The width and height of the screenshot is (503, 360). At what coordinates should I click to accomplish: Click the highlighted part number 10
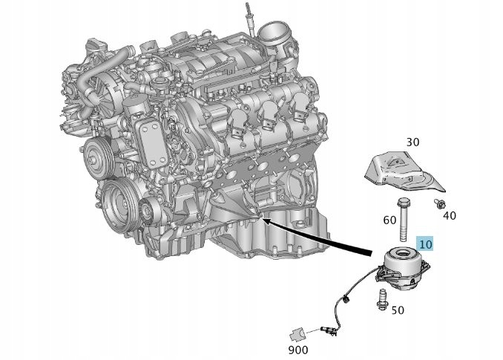point(426,243)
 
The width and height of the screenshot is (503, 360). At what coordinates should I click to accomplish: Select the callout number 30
point(412,142)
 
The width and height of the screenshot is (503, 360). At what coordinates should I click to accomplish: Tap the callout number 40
point(449,215)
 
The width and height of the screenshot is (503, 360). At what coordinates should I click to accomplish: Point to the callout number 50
point(397,310)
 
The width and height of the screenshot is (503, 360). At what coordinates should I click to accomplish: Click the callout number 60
point(389,220)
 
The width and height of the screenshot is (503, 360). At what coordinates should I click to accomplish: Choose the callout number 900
point(299,349)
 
